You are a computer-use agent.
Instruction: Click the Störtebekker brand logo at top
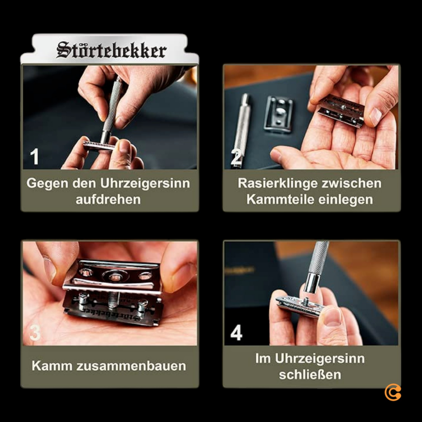pos(111,50)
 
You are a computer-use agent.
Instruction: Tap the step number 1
pos(34,157)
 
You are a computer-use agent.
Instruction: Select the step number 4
pos(236,333)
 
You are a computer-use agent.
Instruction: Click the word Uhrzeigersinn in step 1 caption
pos(145,183)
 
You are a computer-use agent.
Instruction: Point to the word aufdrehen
pos(108,199)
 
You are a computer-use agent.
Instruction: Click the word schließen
pos(310,374)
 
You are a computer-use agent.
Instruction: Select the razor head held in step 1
pos(97,145)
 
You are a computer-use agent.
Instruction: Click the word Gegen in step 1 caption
pos(47,183)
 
